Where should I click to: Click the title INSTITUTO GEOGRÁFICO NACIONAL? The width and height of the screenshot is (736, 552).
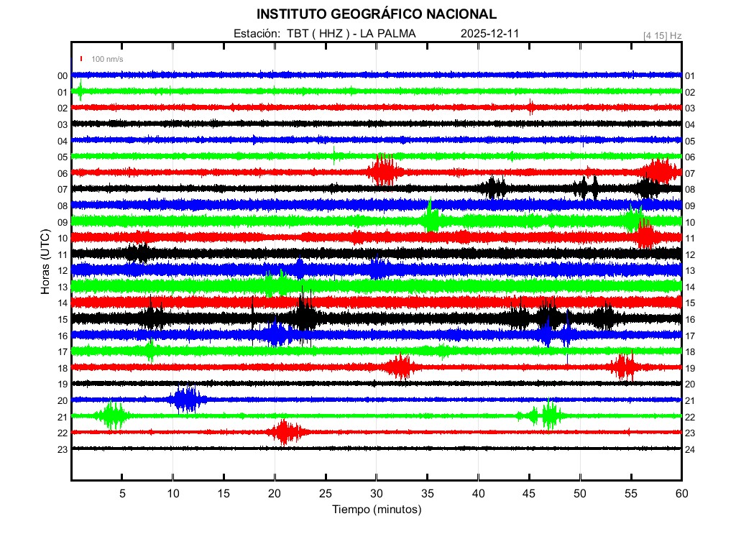[376, 14]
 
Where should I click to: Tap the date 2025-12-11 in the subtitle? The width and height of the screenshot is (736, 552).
[489, 34]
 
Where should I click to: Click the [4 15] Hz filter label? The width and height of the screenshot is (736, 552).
[663, 35]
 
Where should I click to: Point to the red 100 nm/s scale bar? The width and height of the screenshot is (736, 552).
[82, 59]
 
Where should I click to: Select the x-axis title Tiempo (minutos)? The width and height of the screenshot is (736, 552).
[376, 510]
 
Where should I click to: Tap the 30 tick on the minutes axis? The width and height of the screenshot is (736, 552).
[377, 493]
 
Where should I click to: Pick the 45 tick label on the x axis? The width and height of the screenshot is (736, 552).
[529, 493]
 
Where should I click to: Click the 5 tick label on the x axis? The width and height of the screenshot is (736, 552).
[122, 493]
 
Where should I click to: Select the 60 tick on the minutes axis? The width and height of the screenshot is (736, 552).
[681, 493]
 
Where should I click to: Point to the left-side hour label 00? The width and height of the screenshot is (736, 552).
[63, 76]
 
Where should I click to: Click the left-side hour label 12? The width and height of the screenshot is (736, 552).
[63, 271]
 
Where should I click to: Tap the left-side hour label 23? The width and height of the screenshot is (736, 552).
[63, 449]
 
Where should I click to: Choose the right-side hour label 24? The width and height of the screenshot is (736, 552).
[690, 449]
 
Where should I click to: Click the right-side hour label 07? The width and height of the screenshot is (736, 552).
[690, 174]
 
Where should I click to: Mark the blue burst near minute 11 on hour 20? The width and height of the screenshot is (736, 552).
[187, 400]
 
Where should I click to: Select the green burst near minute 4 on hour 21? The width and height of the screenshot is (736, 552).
[113, 415]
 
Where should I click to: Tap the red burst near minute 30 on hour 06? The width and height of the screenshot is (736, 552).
[385, 171]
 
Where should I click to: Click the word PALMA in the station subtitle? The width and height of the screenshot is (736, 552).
[397, 34]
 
